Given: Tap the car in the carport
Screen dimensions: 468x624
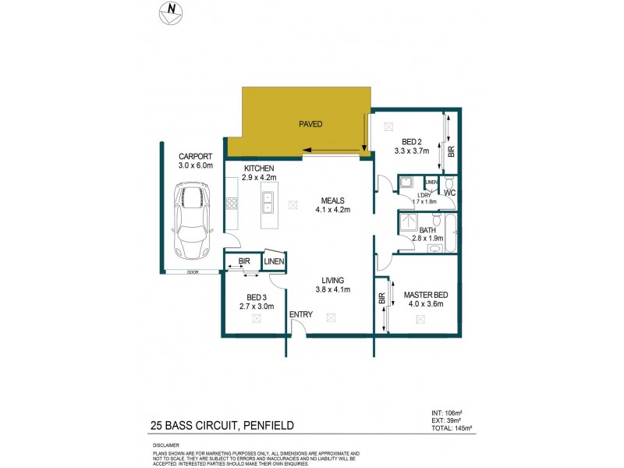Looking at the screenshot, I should coord(192,221).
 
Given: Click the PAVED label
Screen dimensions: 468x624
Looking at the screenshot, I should coord(310,124).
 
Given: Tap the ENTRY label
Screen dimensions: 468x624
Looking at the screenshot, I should coord(301,314).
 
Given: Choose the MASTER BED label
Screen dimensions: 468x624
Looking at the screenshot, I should coord(426,295).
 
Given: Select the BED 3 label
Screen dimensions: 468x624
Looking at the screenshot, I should coord(257,297).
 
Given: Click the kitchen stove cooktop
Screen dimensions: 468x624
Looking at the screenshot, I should coord(232,204).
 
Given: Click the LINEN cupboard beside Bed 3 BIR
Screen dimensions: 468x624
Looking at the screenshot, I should coord(275,262).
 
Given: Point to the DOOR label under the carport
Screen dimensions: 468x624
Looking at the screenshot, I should coord(192,272).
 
